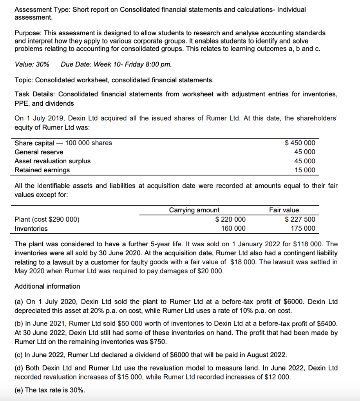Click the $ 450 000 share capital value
[x=300, y=143]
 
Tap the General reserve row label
[x=39, y=152]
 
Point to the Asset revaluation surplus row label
[x=52, y=161]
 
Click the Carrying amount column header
[x=194, y=210]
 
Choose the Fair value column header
[x=284, y=210]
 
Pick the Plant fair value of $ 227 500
[x=300, y=219]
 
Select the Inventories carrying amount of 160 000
[x=233, y=228]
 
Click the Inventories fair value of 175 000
[x=302, y=228]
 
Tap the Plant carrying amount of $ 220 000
[x=231, y=219]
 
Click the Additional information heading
[x=47, y=286]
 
